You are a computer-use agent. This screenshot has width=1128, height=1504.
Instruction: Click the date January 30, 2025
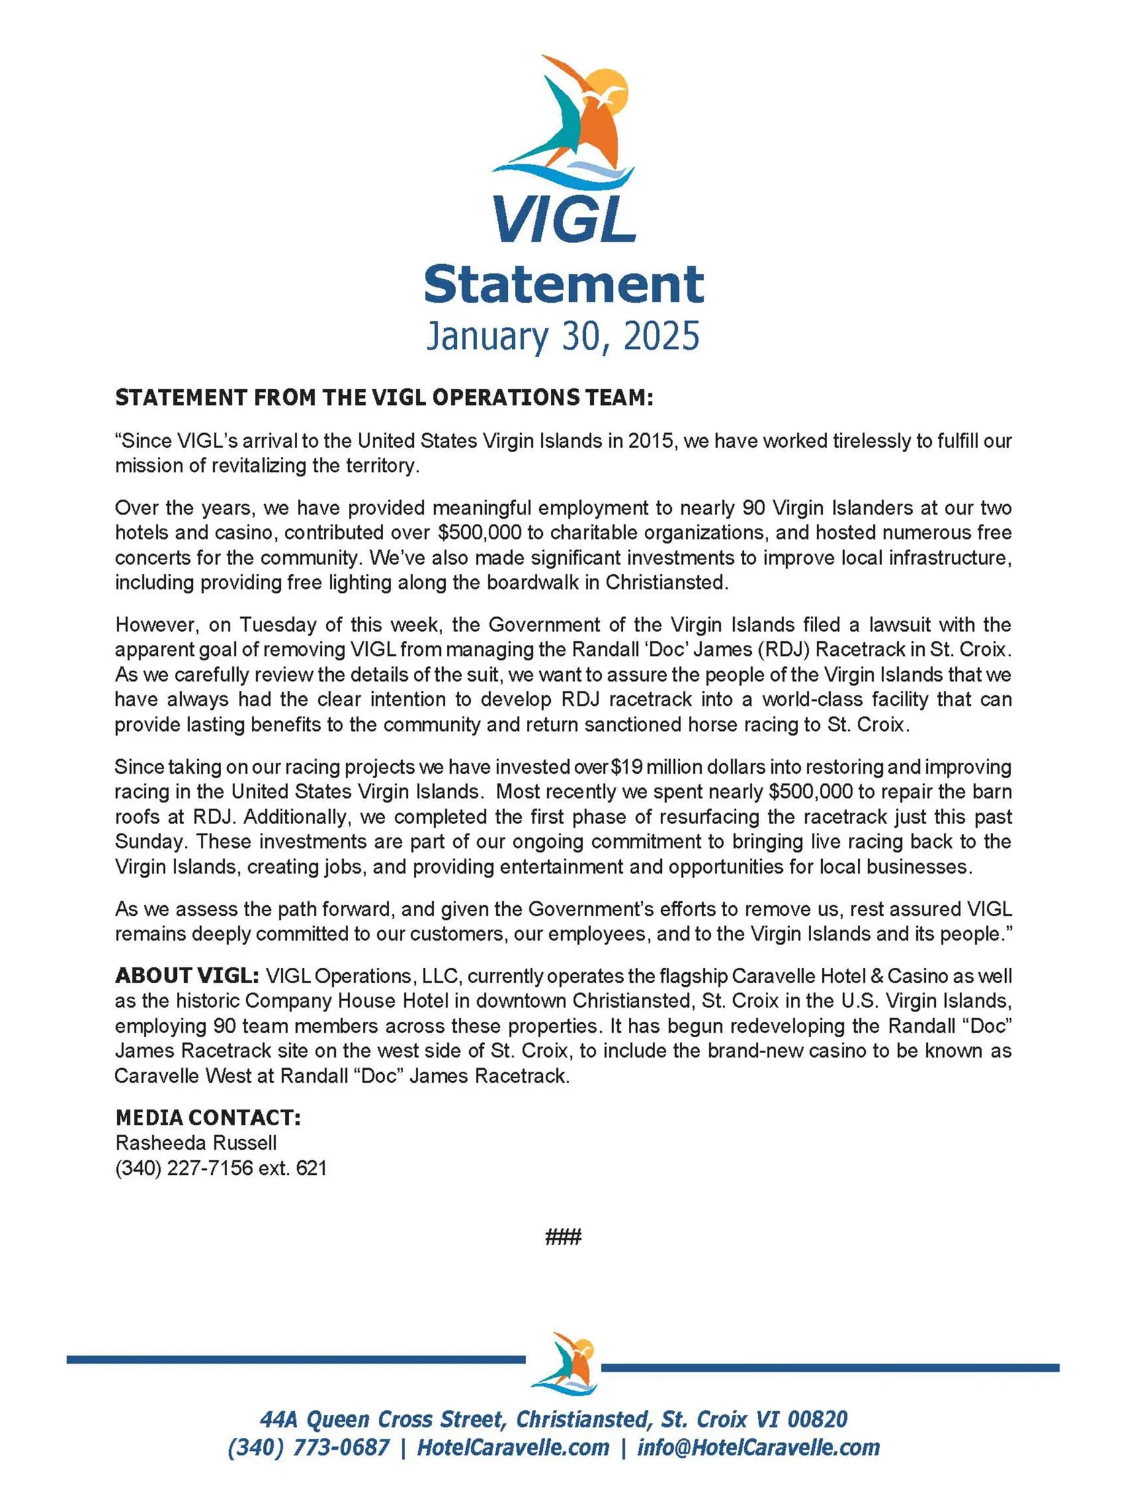[563, 336]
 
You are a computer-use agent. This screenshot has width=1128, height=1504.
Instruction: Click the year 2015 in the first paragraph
[652, 442]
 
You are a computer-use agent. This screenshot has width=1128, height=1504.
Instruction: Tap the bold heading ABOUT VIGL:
[186, 976]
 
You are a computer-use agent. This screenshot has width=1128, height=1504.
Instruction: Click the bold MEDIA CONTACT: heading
[208, 1118]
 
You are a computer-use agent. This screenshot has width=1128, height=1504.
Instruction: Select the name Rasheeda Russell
[196, 1143]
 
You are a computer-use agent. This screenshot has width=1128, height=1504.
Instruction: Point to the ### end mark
[563, 1236]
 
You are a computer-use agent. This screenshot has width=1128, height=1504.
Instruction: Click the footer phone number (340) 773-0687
[309, 1448]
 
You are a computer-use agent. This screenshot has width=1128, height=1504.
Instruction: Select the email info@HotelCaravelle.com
[758, 1448]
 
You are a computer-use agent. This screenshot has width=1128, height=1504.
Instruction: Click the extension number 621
[311, 1168]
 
